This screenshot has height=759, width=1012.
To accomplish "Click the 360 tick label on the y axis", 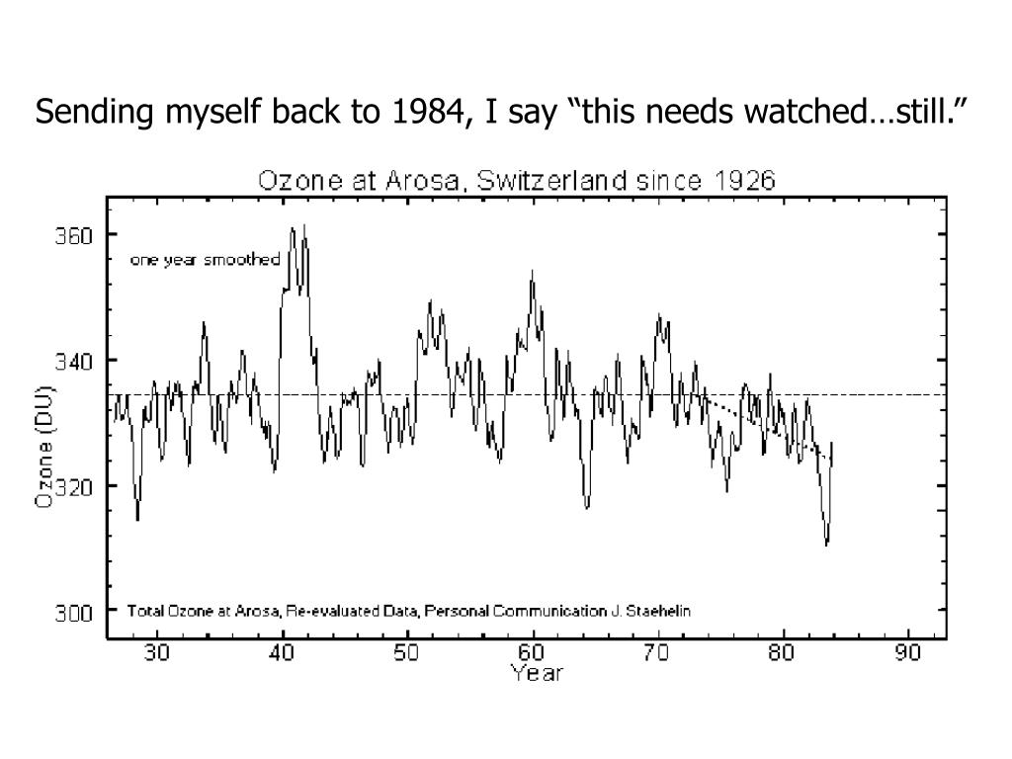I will (x=74, y=236).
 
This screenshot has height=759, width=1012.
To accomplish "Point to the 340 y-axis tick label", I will (x=74, y=361).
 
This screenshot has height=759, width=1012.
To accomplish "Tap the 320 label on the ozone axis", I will (x=74, y=486).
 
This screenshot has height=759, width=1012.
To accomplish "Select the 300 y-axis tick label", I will (x=74, y=612).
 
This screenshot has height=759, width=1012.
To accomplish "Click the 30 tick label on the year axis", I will (x=157, y=653).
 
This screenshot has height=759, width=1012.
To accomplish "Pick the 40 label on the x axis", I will (x=283, y=653).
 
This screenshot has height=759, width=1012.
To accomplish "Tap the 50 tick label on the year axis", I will (x=407, y=653).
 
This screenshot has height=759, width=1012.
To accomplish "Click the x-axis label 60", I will (x=533, y=653).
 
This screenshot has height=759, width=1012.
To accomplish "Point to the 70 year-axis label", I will (x=658, y=653).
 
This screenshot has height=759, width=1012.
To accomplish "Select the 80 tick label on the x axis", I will (x=783, y=653).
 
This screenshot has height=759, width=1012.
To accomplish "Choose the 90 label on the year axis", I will (x=908, y=653).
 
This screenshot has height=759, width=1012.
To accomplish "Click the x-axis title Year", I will (x=536, y=673).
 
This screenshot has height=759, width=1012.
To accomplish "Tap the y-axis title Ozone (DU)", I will (x=44, y=446).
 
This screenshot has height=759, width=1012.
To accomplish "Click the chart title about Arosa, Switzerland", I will (x=517, y=181).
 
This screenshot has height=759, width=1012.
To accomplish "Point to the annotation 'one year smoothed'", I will (x=206, y=260).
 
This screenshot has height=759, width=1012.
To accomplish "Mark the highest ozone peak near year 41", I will (x=304, y=225).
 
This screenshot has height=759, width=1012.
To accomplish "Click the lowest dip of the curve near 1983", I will (x=826, y=544).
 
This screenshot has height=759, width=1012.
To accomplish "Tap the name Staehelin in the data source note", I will (x=660, y=611).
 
